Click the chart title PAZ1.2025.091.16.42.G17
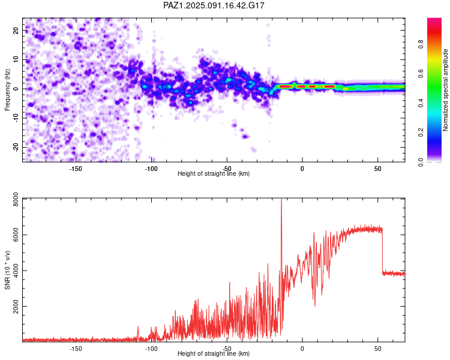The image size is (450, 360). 214,5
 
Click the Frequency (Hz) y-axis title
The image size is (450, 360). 7,90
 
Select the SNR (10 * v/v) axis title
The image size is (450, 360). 7,270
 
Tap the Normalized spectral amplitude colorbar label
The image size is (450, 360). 445,90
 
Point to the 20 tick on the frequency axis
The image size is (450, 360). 16,31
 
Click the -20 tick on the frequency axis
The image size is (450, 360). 16,147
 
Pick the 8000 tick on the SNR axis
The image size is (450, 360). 16,199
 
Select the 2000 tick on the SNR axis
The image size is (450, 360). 16,307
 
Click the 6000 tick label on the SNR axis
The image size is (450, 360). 16,235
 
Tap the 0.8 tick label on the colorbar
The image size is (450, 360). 421,44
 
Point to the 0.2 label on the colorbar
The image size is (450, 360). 421,133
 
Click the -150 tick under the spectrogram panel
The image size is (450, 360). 76,169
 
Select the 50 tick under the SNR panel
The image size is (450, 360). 377,349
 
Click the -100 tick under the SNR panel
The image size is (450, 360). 151,349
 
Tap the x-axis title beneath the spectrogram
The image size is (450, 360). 214,173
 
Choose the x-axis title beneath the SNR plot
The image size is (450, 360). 214,353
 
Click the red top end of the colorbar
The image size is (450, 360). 434,20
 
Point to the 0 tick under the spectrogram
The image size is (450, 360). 302,169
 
